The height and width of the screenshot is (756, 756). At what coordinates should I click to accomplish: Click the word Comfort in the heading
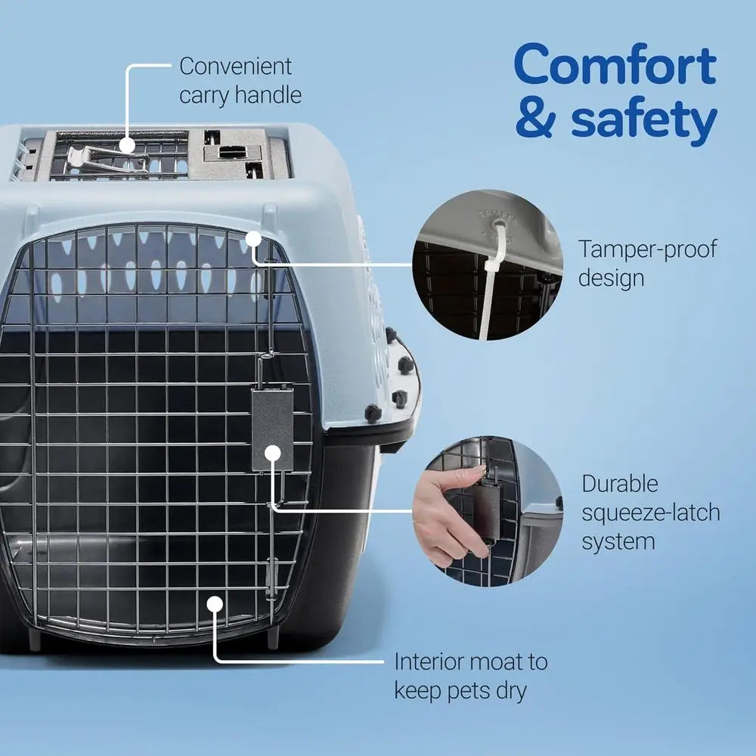615,67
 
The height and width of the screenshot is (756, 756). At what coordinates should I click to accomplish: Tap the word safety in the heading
643,119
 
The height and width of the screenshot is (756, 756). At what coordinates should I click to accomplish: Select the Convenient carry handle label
240,80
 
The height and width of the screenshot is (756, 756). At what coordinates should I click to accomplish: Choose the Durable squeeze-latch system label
650,512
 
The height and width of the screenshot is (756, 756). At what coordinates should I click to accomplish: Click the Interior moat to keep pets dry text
470,676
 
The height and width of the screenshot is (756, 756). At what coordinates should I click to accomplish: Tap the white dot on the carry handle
126,144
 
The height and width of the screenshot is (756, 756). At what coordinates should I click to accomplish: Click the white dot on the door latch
272,454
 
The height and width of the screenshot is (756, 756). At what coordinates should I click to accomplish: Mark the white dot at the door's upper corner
253,240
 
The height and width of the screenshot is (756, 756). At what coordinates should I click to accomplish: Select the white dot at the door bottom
215,604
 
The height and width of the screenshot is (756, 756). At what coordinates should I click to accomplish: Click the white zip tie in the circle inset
486,295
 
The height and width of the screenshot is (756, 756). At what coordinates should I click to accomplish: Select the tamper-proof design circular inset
488,265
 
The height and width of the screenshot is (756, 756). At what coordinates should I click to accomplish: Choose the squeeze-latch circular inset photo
488,510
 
